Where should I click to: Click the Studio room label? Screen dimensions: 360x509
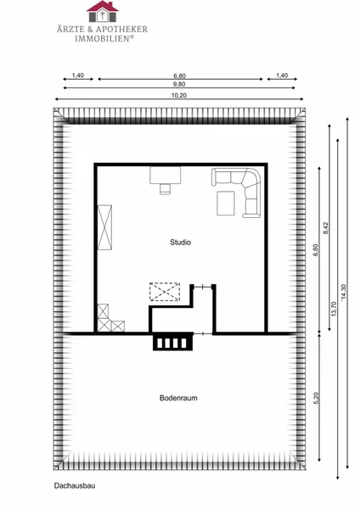pyautogui.click(x=180, y=242)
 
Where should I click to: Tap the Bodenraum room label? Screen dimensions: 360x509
pyautogui.click(x=178, y=398)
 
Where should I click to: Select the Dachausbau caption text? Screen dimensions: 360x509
pyautogui.click(x=75, y=485)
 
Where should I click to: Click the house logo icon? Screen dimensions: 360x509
pyautogui.click(x=103, y=11)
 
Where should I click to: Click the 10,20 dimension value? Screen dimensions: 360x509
pyautogui.click(x=179, y=95)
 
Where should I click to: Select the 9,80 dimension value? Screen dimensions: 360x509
pyautogui.click(x=179, y=84)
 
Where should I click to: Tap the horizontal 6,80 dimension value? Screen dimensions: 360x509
pyautogui.click(x=179, y=76)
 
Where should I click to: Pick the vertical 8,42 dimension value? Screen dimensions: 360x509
pyautogui.click(x=326, y=227)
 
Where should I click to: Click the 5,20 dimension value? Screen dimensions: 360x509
pyautogui.click(x=317, y=398)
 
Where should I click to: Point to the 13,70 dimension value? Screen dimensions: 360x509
pyautogui.click(x=334, y=309)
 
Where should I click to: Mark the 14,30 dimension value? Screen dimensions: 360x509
pyautogui.click(x=344, y=292)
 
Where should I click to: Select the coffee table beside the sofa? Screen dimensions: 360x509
pyautogui.click(x=226, y=204)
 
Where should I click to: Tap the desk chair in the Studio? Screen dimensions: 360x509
pyautogui.click(x=165, y=188)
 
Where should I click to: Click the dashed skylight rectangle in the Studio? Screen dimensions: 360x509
pyautogui.click(x=165, y=292)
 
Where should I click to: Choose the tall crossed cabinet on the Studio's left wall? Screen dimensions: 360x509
pyautogui.click(x=104, y=227)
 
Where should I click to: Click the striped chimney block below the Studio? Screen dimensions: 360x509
pyautogui.click(x=173, y=343)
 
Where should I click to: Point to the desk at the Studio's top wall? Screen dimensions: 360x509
pyautogui.click(x=165, y=176)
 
